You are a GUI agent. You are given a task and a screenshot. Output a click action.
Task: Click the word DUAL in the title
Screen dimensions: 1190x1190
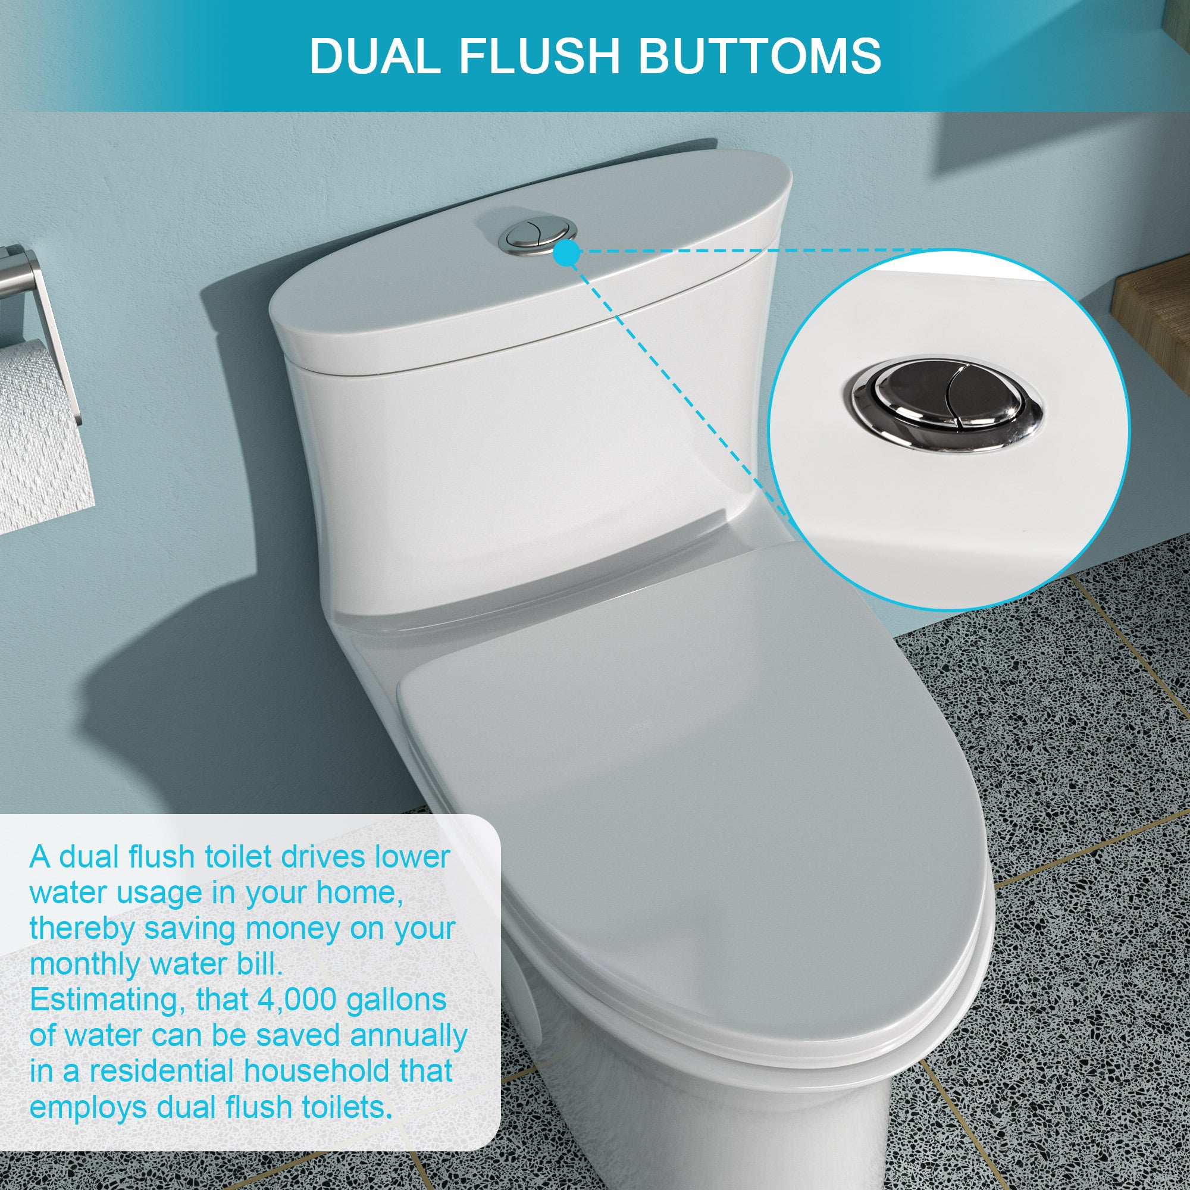point(374,56)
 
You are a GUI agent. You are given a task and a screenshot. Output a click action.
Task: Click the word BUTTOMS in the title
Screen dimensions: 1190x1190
point(758,56)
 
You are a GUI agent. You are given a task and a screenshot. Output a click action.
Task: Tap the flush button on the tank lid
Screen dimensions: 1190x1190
point(538,234)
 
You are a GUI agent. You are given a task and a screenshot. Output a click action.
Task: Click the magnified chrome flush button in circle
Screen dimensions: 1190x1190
point(947,402)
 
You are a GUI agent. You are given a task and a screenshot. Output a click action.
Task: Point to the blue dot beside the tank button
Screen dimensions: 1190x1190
point(567,252)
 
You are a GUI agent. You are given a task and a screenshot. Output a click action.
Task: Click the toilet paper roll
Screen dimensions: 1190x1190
point(37,431)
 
